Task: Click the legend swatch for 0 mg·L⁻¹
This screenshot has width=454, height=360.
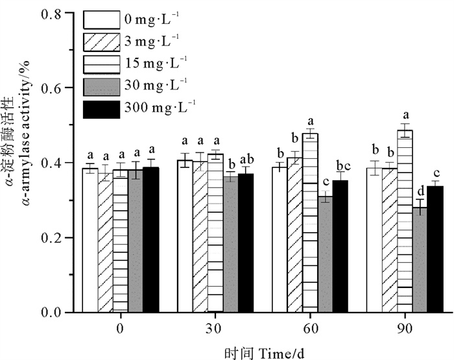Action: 101,18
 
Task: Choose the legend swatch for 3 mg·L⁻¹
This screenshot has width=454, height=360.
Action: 101,42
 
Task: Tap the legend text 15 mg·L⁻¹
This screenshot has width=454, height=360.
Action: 155,65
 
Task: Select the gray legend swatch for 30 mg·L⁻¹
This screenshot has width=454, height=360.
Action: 101,86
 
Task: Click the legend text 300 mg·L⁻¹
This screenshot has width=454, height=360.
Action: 158,109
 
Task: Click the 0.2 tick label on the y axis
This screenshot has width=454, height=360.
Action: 56,238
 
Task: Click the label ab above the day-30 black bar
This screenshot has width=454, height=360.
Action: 246,158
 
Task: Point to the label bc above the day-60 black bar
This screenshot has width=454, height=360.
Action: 343,164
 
